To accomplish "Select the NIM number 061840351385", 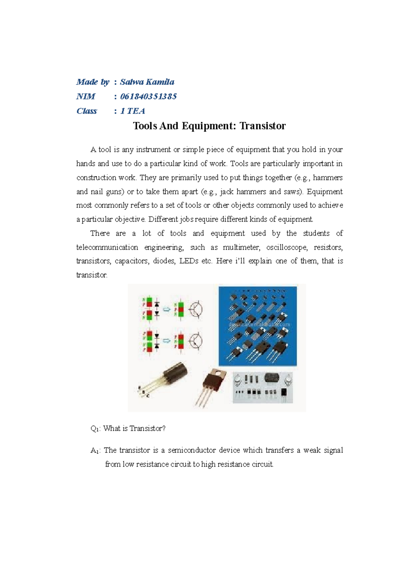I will (148, 97).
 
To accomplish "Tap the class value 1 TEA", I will (132, 111).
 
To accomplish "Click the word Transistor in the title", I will (263, 126).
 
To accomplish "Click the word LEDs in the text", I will (189, 261).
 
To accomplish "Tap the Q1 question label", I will (95, 429).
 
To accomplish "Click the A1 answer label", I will (95, 451).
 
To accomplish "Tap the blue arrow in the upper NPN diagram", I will (166, 310).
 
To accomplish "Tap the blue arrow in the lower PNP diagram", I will (166, 341).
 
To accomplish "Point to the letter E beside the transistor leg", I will (139, 388).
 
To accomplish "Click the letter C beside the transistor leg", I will (148, 396).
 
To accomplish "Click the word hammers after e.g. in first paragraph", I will (328, 178).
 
